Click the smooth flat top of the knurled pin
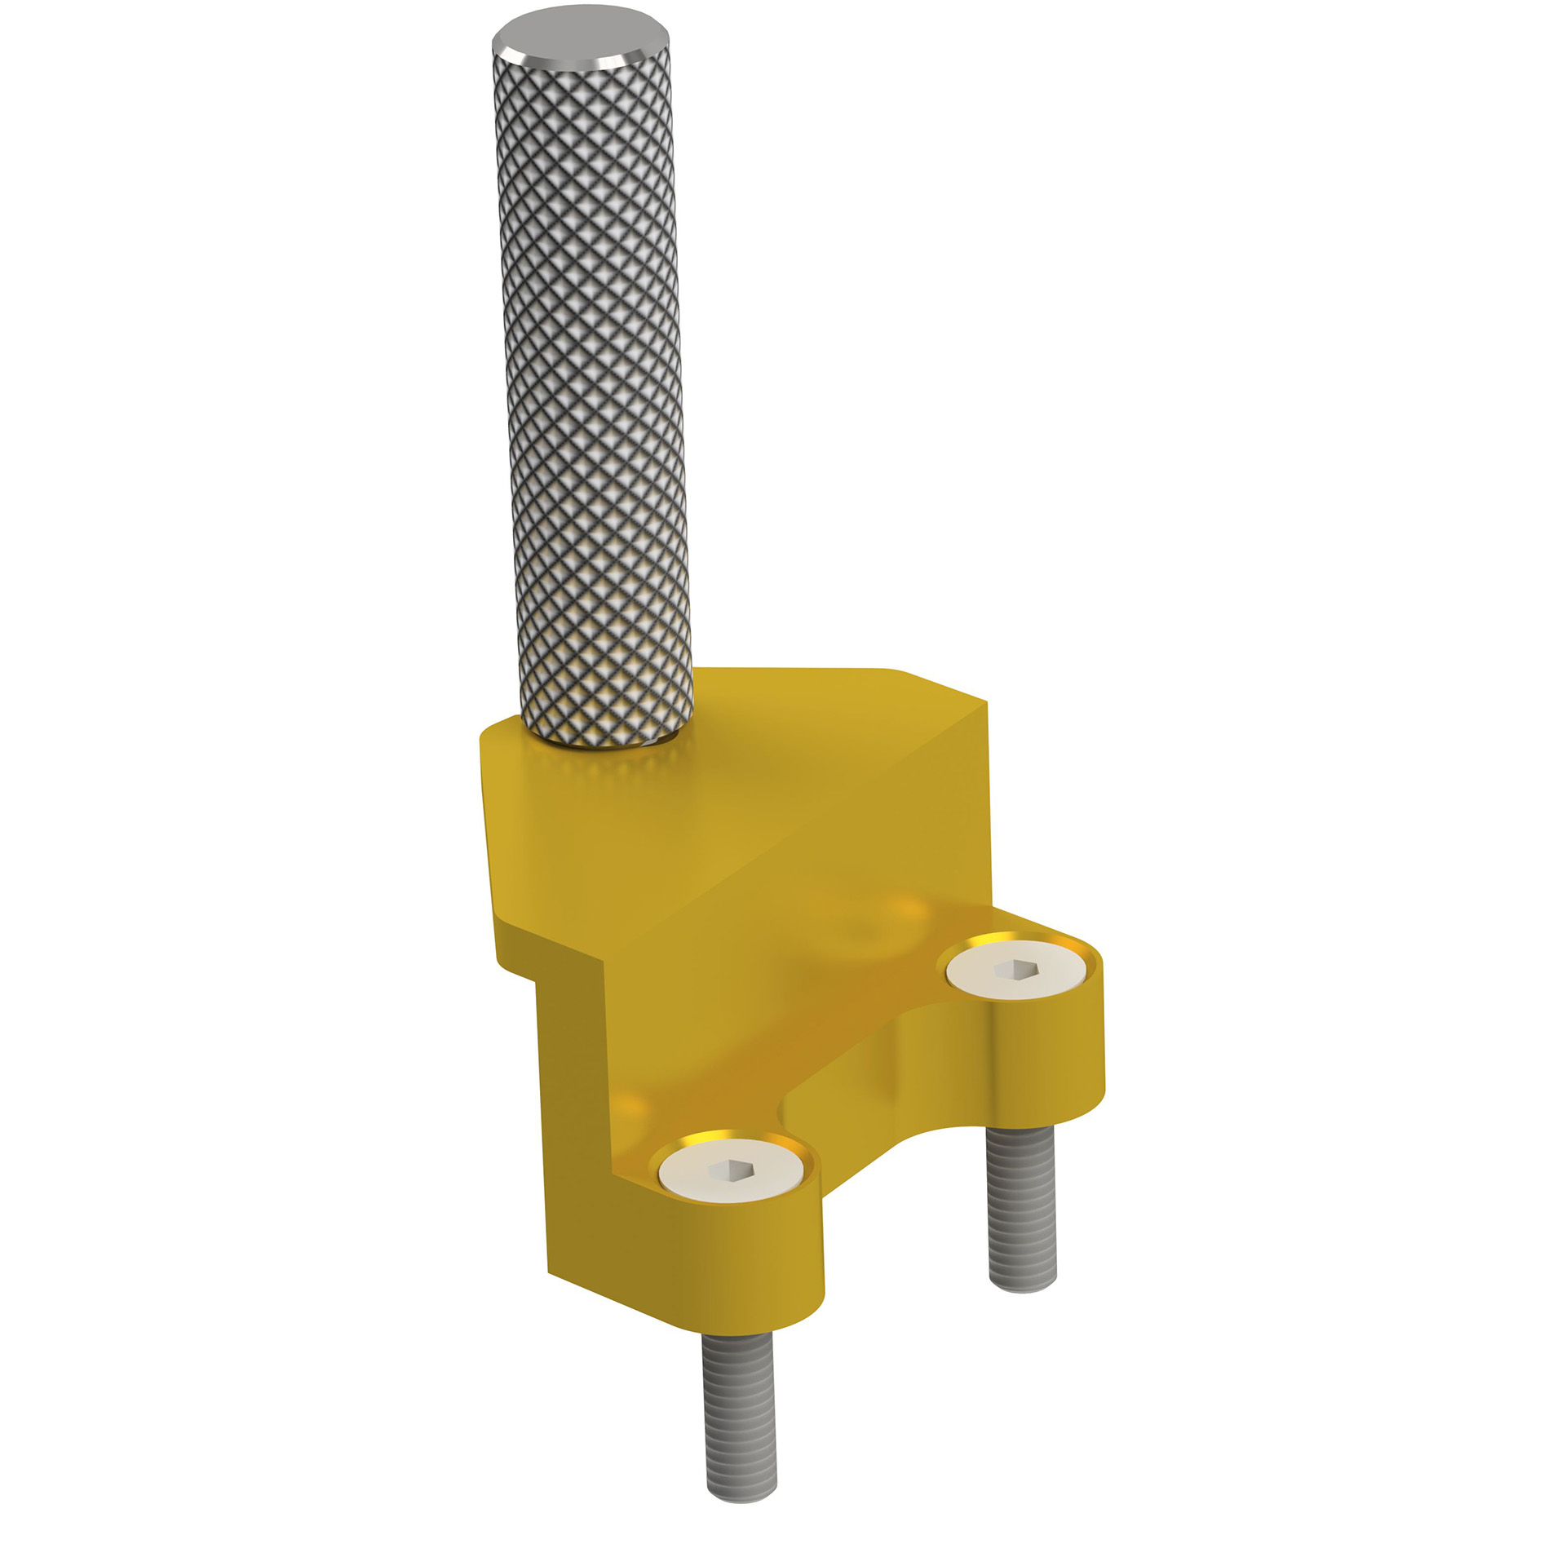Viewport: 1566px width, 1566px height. pos(581,36)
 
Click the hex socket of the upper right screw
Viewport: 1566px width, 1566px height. pos(1015,969)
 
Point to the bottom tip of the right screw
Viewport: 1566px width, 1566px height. pos(1024,1285)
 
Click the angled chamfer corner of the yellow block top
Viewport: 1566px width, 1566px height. pos(938,686)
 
